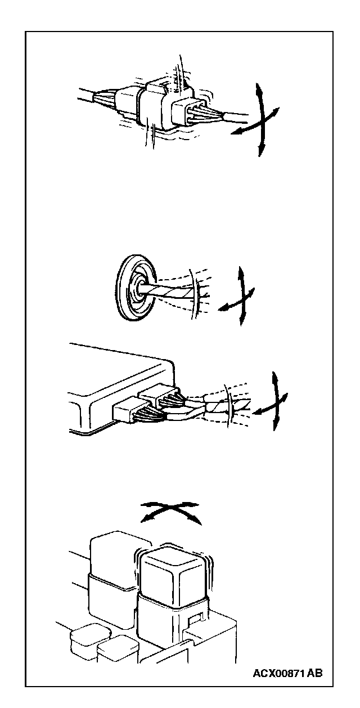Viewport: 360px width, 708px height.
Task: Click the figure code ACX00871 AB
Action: [x=287, y=673]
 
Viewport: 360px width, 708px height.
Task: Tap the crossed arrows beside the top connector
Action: [x=256, y=120]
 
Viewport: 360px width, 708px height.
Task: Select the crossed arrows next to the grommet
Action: [x=237, y=296]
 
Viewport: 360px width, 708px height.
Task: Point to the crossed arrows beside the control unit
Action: [x=272, y=401]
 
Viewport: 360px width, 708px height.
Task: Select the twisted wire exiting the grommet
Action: [x=170, y=291]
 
